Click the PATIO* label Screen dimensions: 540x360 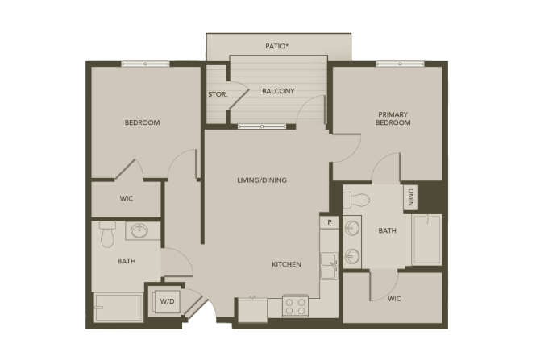pyautogui.click(x=276, y=46)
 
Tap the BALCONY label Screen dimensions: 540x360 pyautogui.click(x=278, y=91)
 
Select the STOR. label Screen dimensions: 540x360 pyautogui.click(x=218, y=94)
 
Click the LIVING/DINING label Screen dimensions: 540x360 pyautogui.click(x=262, y=180)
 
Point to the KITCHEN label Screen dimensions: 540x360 pyautogui.click(x=287, y=264)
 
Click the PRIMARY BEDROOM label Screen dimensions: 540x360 pyautogui.click(x=393, y=118)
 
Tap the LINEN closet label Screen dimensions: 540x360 pyautogui.click(x=410, y=197)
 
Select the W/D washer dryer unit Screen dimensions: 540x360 pyautogui.click(x=166, y=301)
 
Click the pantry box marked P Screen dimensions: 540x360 pyautogui.click(x=329, y=222)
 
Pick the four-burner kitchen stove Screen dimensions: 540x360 pyautogui.click(x=296, y=306)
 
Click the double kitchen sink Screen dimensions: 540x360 pyautogui.click(x=329, y=266)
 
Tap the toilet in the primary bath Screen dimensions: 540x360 pyautogui.click(x=356, y=200)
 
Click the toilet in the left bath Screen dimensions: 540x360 pyautogui.click(x=107, y=234)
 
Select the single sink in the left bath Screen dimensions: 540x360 pyautogui.click(x=139, y=230)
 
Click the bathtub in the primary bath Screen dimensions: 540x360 pyautogui.click(x=426, y=240)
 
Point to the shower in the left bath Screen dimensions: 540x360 pyautogui.click(x=118, y=308)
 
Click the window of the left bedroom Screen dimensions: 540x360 pyautogui.click(x=145, y=64)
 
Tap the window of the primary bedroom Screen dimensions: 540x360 pyautogui.click(x=400, y=64)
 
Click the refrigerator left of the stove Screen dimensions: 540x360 pyautogui.click(x=252, y=310)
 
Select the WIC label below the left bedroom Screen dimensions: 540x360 pyautogui.click(x=127, y=199)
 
